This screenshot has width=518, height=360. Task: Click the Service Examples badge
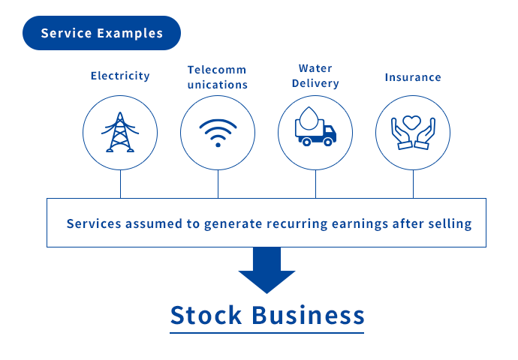pyautogui.click(x=101, y=33)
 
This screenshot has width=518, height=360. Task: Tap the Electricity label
pyautogui.click(x=120, y=76)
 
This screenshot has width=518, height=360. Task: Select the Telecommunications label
pyautogui.click(x=218, y=77)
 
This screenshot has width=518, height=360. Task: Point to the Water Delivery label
pyautogui.click(x=315, y=76)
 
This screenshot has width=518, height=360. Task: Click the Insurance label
pyautogui.click(x=413, y=77)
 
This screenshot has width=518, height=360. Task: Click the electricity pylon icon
pyautogui.click(x=120, y=132)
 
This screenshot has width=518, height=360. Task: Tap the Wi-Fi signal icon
pyautogui.click(x=218, y=133)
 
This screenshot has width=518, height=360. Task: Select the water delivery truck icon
pyautogui.click(x=315, y=127)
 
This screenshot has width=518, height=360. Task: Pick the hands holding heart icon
pyautogui.click(x=413, y=133)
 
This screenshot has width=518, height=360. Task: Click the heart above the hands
pyautogui.click(x=412, y=122)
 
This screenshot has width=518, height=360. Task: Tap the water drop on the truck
pyautogui.click(x=309, y=118)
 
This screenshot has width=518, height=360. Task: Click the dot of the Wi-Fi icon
pyautogui.click(x=218, y=145)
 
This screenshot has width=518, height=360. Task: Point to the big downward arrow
pyautogui.click(x=267, y=270)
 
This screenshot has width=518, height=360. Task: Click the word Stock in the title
pyautogui.click(x=206, y=315)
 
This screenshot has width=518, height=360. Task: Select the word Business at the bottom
pyautogui.click(x=309, y=315)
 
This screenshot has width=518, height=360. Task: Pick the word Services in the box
pyautogui.click(x=94, y=223)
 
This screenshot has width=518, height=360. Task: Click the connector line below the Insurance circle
pyautogui.click(x=414, y=184)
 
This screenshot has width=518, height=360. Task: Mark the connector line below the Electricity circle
pyautogui.click(x=121, y=184)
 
